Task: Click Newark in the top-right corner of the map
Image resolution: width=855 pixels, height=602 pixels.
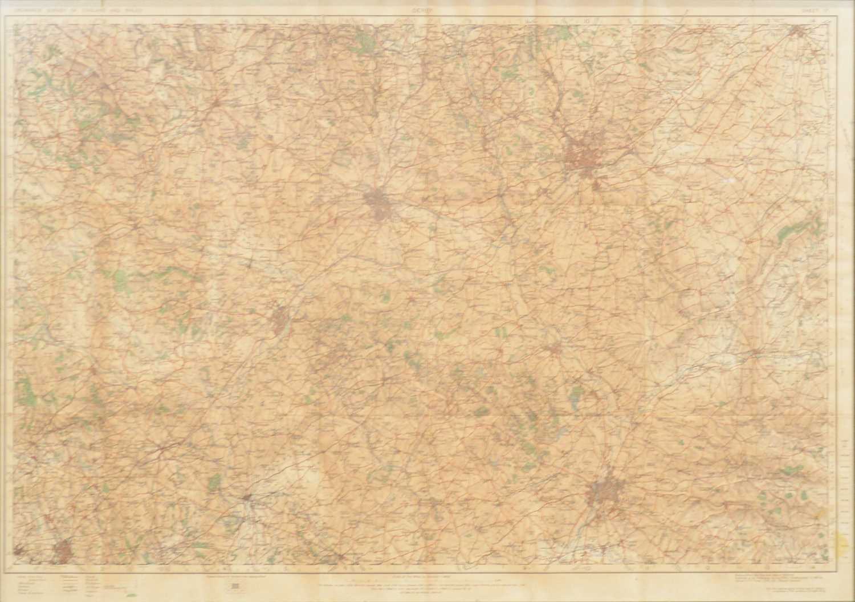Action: [x=796, y=31]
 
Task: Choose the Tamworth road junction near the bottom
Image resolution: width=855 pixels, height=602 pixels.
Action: [x=247, y=498]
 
